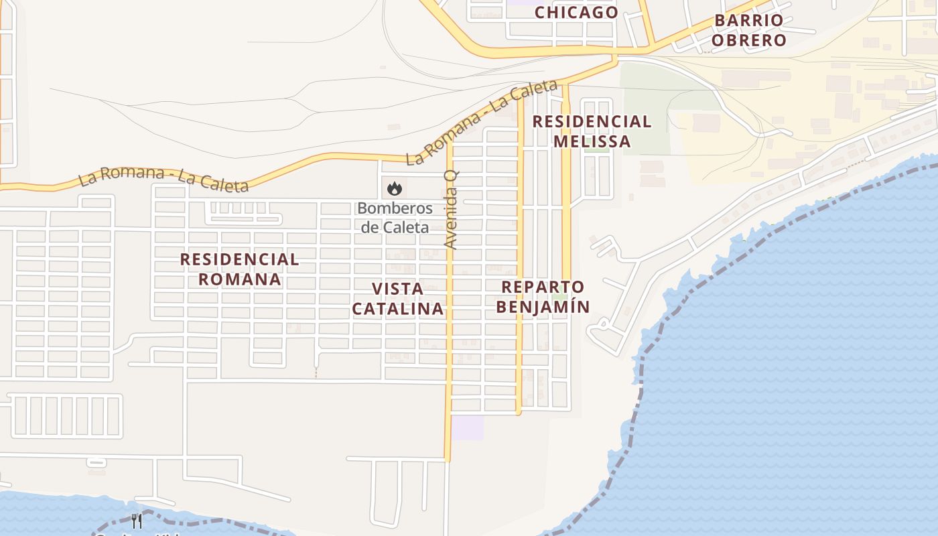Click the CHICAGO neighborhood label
coord(576,12)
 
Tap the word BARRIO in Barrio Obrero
coord(748,20)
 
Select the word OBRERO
coord(748,40)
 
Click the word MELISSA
coord(592,141)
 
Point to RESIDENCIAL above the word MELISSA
coord(592,122)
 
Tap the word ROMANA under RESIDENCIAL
coord(239,279)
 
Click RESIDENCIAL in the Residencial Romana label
coord(239,259)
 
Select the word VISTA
coord(397,289)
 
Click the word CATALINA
coord(397,308)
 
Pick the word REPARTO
coord(543,287)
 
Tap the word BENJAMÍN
coord(545,307)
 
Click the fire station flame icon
coord(394,188)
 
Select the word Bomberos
coord(395,208)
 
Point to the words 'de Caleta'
coord(395,227)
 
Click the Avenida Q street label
coord(452,209)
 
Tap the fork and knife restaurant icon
coord(137,521)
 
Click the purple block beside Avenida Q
coord(467,427)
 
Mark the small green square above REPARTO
coord(559,296)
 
